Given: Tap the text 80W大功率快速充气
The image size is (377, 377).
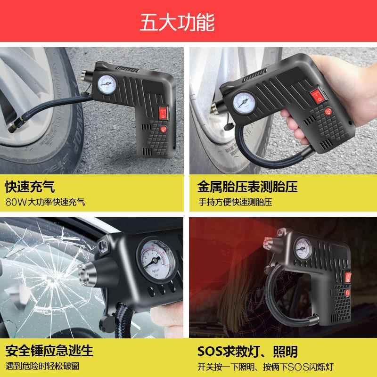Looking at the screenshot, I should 46,202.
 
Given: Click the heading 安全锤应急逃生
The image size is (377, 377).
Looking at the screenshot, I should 49,351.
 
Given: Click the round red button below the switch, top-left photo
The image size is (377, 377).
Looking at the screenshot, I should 164,129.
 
